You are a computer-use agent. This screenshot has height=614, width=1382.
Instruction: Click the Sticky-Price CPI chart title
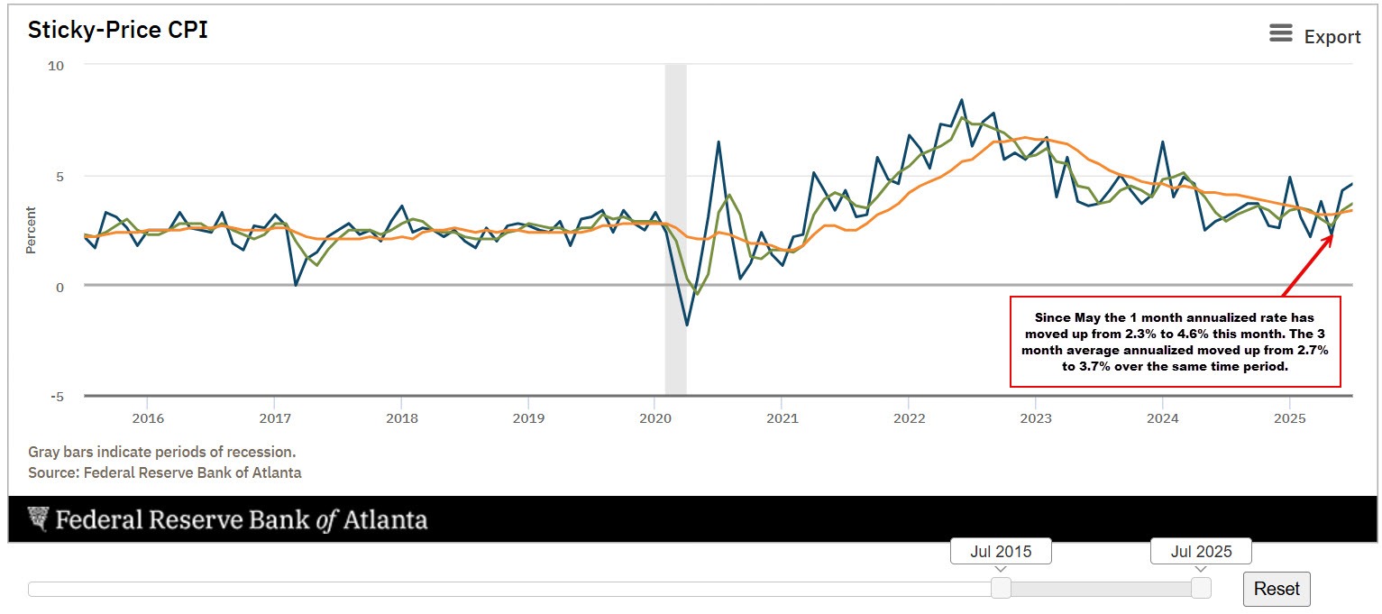pos(118,30)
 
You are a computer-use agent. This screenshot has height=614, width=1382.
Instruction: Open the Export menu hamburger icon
pos(1280,34)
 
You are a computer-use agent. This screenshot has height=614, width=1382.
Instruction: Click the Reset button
pos(1277,589)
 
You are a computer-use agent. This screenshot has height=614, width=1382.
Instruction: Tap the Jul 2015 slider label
pos(1001,552)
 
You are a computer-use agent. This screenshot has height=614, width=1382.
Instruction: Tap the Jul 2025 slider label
pos(1201,552)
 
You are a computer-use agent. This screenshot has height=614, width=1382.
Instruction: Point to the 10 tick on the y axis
pos(55,66)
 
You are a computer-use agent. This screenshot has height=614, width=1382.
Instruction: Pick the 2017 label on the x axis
pos(274,418)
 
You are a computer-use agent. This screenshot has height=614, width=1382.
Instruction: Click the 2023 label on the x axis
pos(1035,418)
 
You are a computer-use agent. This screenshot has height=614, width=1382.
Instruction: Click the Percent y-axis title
pos(32,230)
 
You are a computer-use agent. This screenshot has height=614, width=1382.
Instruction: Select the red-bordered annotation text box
pos(1176,341)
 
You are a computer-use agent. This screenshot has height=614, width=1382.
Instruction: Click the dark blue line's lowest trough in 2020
pos(687,325)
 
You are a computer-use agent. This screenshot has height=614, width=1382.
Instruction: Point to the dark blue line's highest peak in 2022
pos(961,100)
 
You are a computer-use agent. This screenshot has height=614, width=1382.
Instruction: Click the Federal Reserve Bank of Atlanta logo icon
pos(38,518)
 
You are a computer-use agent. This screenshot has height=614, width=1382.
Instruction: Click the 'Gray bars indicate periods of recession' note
pos(161,452)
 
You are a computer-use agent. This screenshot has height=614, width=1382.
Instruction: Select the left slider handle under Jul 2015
pos(1001,589)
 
